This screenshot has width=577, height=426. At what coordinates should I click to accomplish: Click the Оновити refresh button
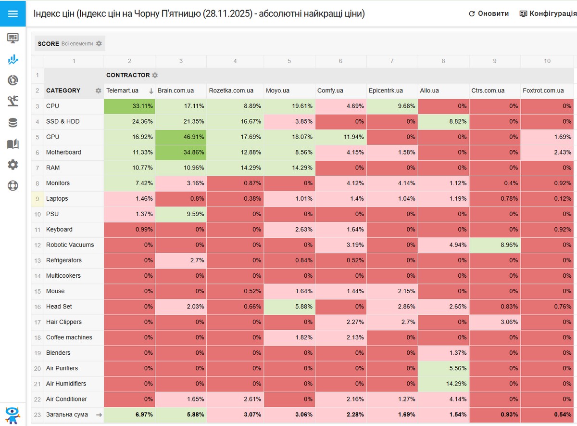pyautogui.click(x=489, y=13)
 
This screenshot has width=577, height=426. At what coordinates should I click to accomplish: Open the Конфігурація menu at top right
pyautogui.click(x=548, y=13)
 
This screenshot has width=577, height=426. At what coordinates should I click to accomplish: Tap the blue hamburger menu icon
pyautogui.click(x=13, y=13)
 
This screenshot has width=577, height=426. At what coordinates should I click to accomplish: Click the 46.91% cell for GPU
pyautogui.click(x=181, y=137)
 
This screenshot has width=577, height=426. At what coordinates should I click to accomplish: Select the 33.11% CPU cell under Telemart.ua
pyautogui.click(x=129, y=106)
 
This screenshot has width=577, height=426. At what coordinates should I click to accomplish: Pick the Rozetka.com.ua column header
pyautogui.click(x=231, y=90)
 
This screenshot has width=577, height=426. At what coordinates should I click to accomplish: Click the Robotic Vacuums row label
pyautogui.click(x=70, y=245)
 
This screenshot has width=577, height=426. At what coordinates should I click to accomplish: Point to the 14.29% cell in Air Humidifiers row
pyautogui.click(x=443, y=384)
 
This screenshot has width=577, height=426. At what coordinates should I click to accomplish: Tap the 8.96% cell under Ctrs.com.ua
pyautogui.click(x=495, y=245)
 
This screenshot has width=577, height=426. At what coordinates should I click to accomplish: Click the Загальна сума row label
pyautogui.click(x=67, y=414)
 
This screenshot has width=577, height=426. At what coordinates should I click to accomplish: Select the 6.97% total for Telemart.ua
pyautogui.click(x=129, y=414)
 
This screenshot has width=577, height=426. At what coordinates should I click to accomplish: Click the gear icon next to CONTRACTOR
pyautogui.click(x=155, y=75)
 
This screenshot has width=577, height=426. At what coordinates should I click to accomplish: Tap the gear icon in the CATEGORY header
pyautogui.click(x=98, y=90)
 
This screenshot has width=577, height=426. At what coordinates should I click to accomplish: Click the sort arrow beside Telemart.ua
pyautogui.click(x=151, y=90)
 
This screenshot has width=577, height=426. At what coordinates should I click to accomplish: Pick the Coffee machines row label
pyautogui.click(x=69, y=337)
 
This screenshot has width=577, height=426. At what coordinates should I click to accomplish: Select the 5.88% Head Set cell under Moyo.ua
pyautogui.click(x=289, y=307)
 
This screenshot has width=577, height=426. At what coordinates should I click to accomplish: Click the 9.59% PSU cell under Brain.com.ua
pyautogui.click(x=181, y=214)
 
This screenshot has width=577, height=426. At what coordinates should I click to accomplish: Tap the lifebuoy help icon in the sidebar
pyautogui.click(x=13, y=185)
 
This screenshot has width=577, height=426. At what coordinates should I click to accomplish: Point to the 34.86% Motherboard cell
pyautogui.click(x=181, y=153)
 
